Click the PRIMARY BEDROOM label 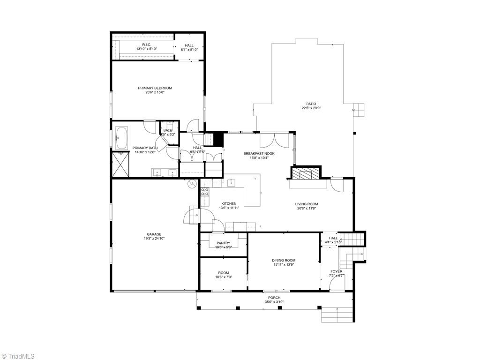155,88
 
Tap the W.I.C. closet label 143,45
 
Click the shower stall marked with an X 120,164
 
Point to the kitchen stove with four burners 205,191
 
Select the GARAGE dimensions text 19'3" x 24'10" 155,239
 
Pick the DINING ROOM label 284,260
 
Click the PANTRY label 223,243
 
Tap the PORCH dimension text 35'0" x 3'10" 274,302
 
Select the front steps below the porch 337,315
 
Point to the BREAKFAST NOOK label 259,153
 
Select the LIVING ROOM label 307,204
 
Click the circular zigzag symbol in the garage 191,185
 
